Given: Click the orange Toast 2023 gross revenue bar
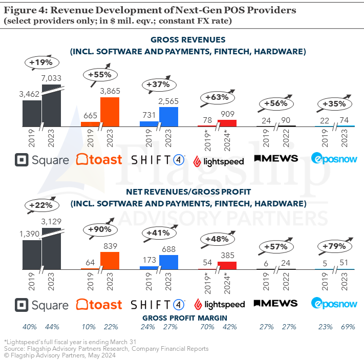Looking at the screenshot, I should [x=110, y=112].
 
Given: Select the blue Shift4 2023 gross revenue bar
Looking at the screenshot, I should [x=168, y=116].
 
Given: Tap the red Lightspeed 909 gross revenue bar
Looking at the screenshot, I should [x=227, y=123].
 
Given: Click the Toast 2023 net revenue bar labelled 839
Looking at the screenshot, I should [x=110, y=261].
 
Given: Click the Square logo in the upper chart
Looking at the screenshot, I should [x=42, y=160].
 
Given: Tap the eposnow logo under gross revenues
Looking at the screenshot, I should [x=334, y=159].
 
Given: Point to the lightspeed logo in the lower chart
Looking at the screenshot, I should [x=218, y=305].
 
